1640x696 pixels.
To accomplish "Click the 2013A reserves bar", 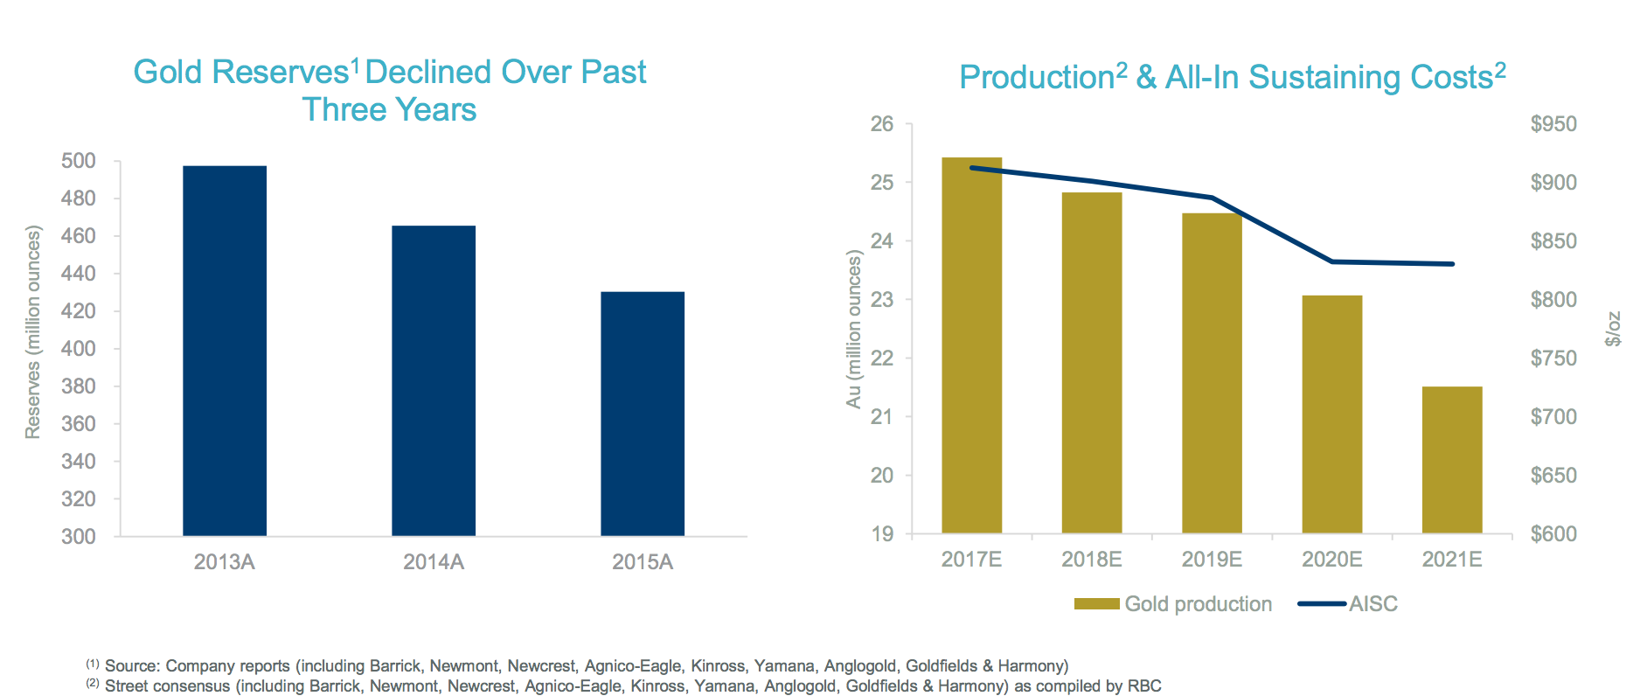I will point(225,350).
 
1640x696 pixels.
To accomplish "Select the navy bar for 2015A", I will point(643,413).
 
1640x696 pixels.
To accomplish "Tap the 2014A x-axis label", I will point(433,562).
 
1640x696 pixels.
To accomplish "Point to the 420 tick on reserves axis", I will point(78,311).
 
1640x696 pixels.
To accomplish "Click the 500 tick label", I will point(78,161).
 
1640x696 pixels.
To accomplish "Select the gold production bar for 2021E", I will point(1452,460).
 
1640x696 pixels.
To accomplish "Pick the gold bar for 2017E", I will point(971,345).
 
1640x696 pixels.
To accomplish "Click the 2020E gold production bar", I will point(1332,414).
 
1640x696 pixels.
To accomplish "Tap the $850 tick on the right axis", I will point(1553,241).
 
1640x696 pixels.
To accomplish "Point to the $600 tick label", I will point(1553,534).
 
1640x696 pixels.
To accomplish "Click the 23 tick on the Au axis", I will point(882,300).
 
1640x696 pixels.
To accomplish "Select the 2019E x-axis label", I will point(1212,560).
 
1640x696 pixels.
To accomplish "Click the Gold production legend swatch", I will point(1096,604).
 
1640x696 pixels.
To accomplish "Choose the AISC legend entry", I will point(1372,604).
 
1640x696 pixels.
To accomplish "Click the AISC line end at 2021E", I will point(1452,264).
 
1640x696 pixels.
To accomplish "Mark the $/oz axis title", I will point(1614,329).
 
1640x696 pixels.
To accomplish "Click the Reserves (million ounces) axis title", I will point(33,332).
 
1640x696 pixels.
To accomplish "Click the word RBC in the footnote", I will point(1143,686).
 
